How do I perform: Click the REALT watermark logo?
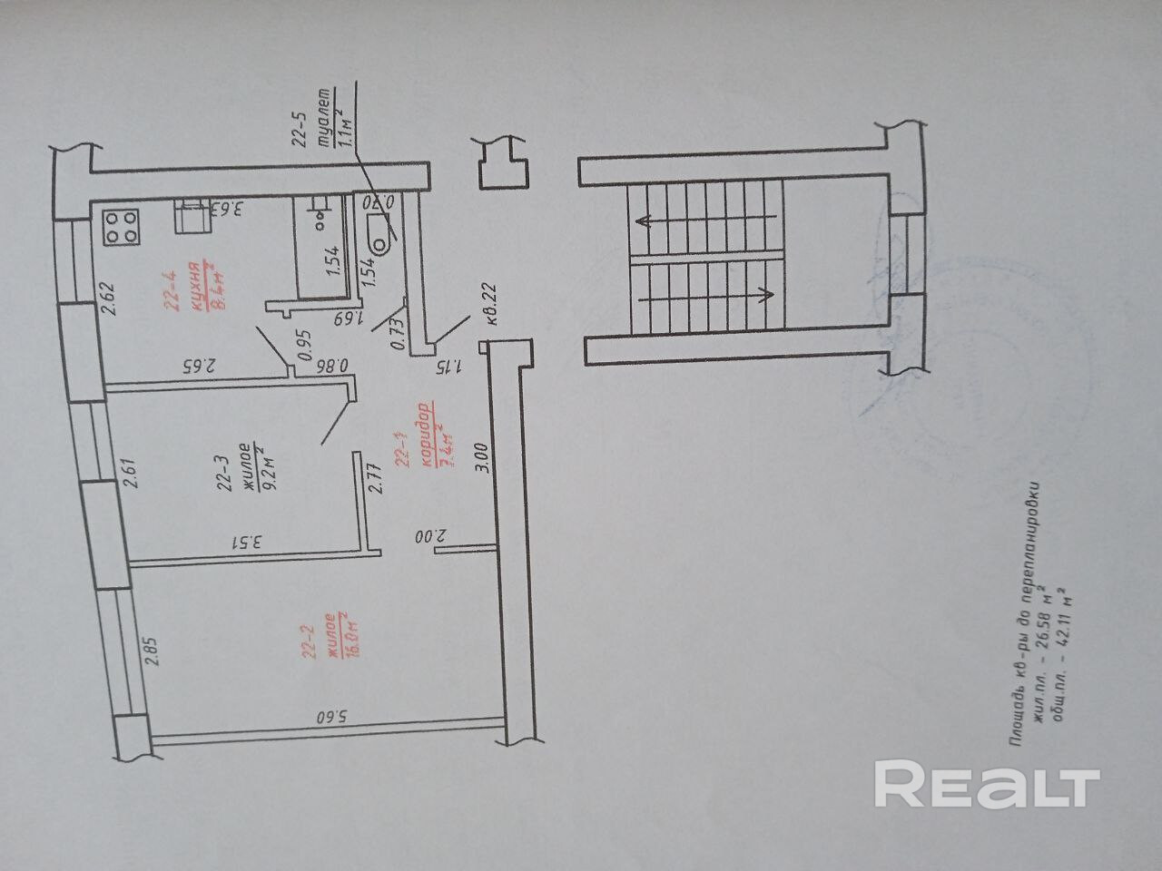(x=987, y=786)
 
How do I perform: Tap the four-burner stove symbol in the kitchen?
(x=123, y=227)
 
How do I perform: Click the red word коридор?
(x=423, y=440)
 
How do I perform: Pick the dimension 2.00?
(x=426, y=537)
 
